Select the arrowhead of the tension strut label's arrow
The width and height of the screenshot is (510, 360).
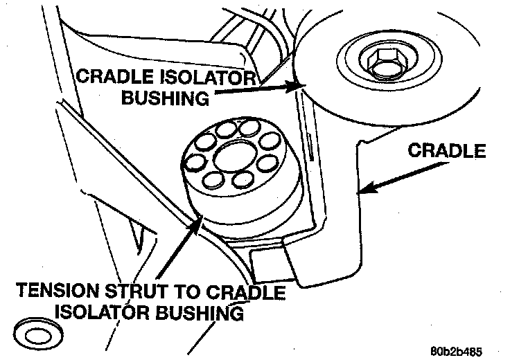pos(199,219)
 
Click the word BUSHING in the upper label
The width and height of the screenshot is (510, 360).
pos(164,98)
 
